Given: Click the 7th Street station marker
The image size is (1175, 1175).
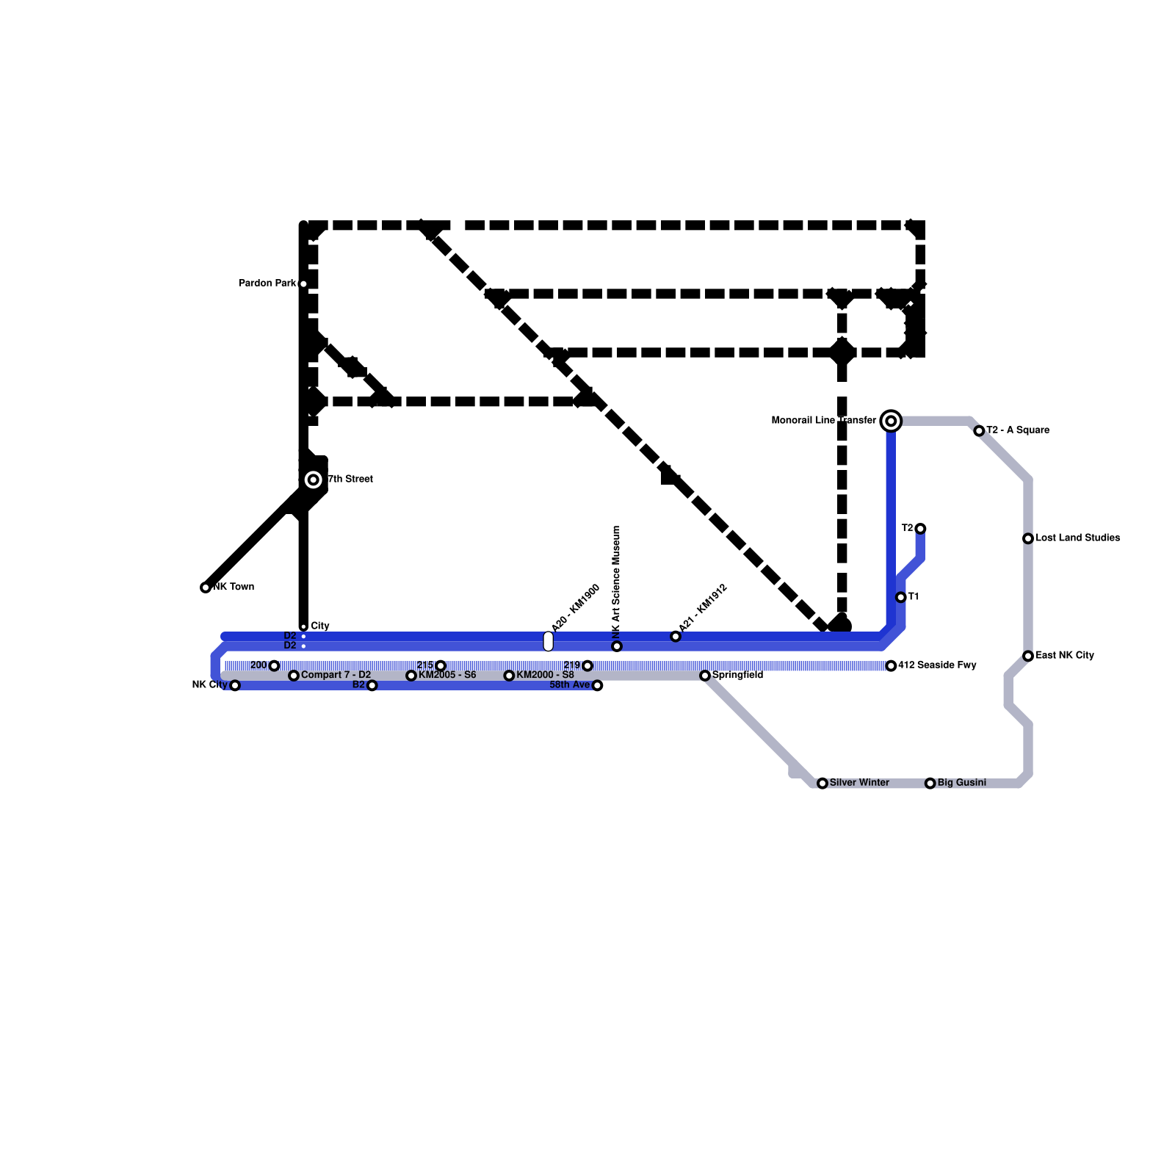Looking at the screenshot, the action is (314, 480).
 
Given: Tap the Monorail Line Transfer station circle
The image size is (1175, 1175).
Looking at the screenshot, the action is (891, 421).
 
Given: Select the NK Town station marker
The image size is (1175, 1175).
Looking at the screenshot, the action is (206, 587).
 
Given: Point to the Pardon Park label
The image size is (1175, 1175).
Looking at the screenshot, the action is (267, 283).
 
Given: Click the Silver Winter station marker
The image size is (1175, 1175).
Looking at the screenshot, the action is (822, 784).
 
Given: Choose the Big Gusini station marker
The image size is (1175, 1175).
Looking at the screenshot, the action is (930, 784).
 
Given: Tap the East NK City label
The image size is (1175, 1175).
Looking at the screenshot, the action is (1065, 656).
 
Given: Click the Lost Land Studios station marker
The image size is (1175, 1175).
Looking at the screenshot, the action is (1028, 539).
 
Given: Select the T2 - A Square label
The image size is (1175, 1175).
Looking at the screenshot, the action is (1018, 430).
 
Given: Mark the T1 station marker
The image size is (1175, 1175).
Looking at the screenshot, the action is (901, 598).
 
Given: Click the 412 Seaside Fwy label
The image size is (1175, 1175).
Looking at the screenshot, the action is (937, 665).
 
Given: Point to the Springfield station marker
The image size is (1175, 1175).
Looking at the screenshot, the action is (705, 676).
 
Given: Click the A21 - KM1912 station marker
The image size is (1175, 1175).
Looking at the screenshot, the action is (676, 637).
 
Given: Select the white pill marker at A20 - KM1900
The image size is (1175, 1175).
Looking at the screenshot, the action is (549, 641).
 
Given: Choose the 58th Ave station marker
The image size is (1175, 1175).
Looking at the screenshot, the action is (598, 686).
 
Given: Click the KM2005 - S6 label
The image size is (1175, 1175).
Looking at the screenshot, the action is (447, 676).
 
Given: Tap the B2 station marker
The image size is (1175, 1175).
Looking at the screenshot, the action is (372, 686).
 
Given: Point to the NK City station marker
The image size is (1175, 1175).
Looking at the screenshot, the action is (235, 686).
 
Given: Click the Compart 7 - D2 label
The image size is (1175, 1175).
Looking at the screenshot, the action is (336, 676).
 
